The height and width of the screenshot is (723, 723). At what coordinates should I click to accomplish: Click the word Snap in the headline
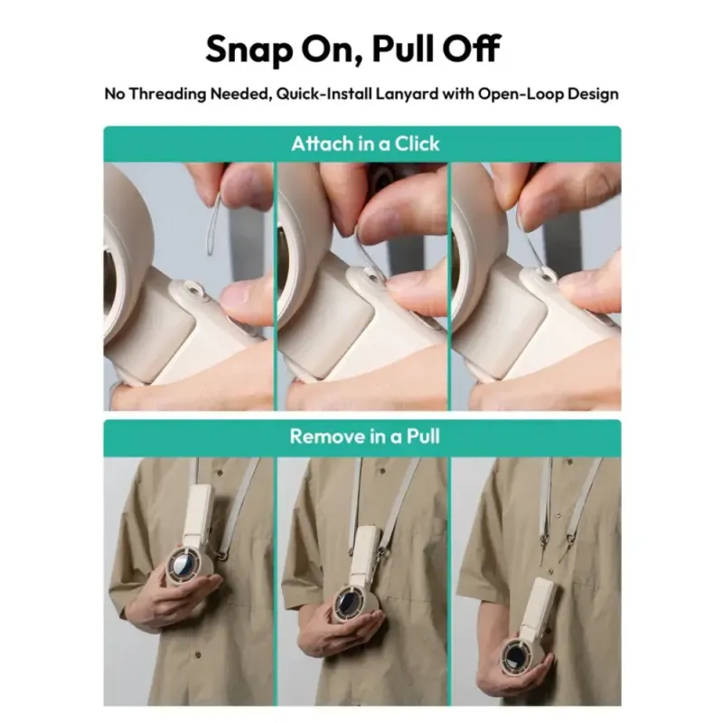click(249, 50)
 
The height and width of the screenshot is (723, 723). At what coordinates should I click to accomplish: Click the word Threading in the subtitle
click(167, 94)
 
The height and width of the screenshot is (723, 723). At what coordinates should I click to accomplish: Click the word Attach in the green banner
click(322, 144)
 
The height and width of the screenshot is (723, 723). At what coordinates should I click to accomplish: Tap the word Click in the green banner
click(417, 144)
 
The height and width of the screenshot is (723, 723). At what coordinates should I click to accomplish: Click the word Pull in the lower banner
click(423, 437)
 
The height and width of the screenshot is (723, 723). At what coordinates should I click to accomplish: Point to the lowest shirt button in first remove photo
click(198, 655)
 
